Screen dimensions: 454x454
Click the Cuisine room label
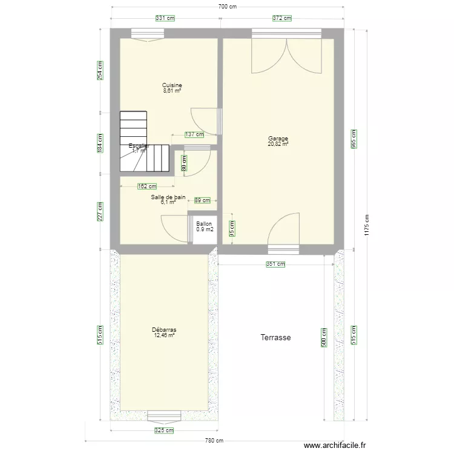(x=173, y=85)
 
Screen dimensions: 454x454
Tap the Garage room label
(x=278, y=139)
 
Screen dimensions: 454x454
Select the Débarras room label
(x=164, y=330)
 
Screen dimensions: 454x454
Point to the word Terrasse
(x=276, y=338)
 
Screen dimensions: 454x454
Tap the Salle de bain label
(x=168, y=197)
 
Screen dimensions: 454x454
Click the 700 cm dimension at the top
(x=227, y=7)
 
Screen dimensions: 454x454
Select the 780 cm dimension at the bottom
(x=214, y=441)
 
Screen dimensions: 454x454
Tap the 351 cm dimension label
(x=275, y=264)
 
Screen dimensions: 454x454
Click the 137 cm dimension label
(x=194, y=134)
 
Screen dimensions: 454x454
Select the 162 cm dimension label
(x=147, y=186)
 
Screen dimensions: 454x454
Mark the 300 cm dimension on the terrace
(x=324, y=337)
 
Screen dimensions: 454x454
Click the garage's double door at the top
(x=287, y=54)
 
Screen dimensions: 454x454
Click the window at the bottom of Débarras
(x=164, y=416)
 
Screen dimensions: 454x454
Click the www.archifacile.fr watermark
(x=335, y=444)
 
